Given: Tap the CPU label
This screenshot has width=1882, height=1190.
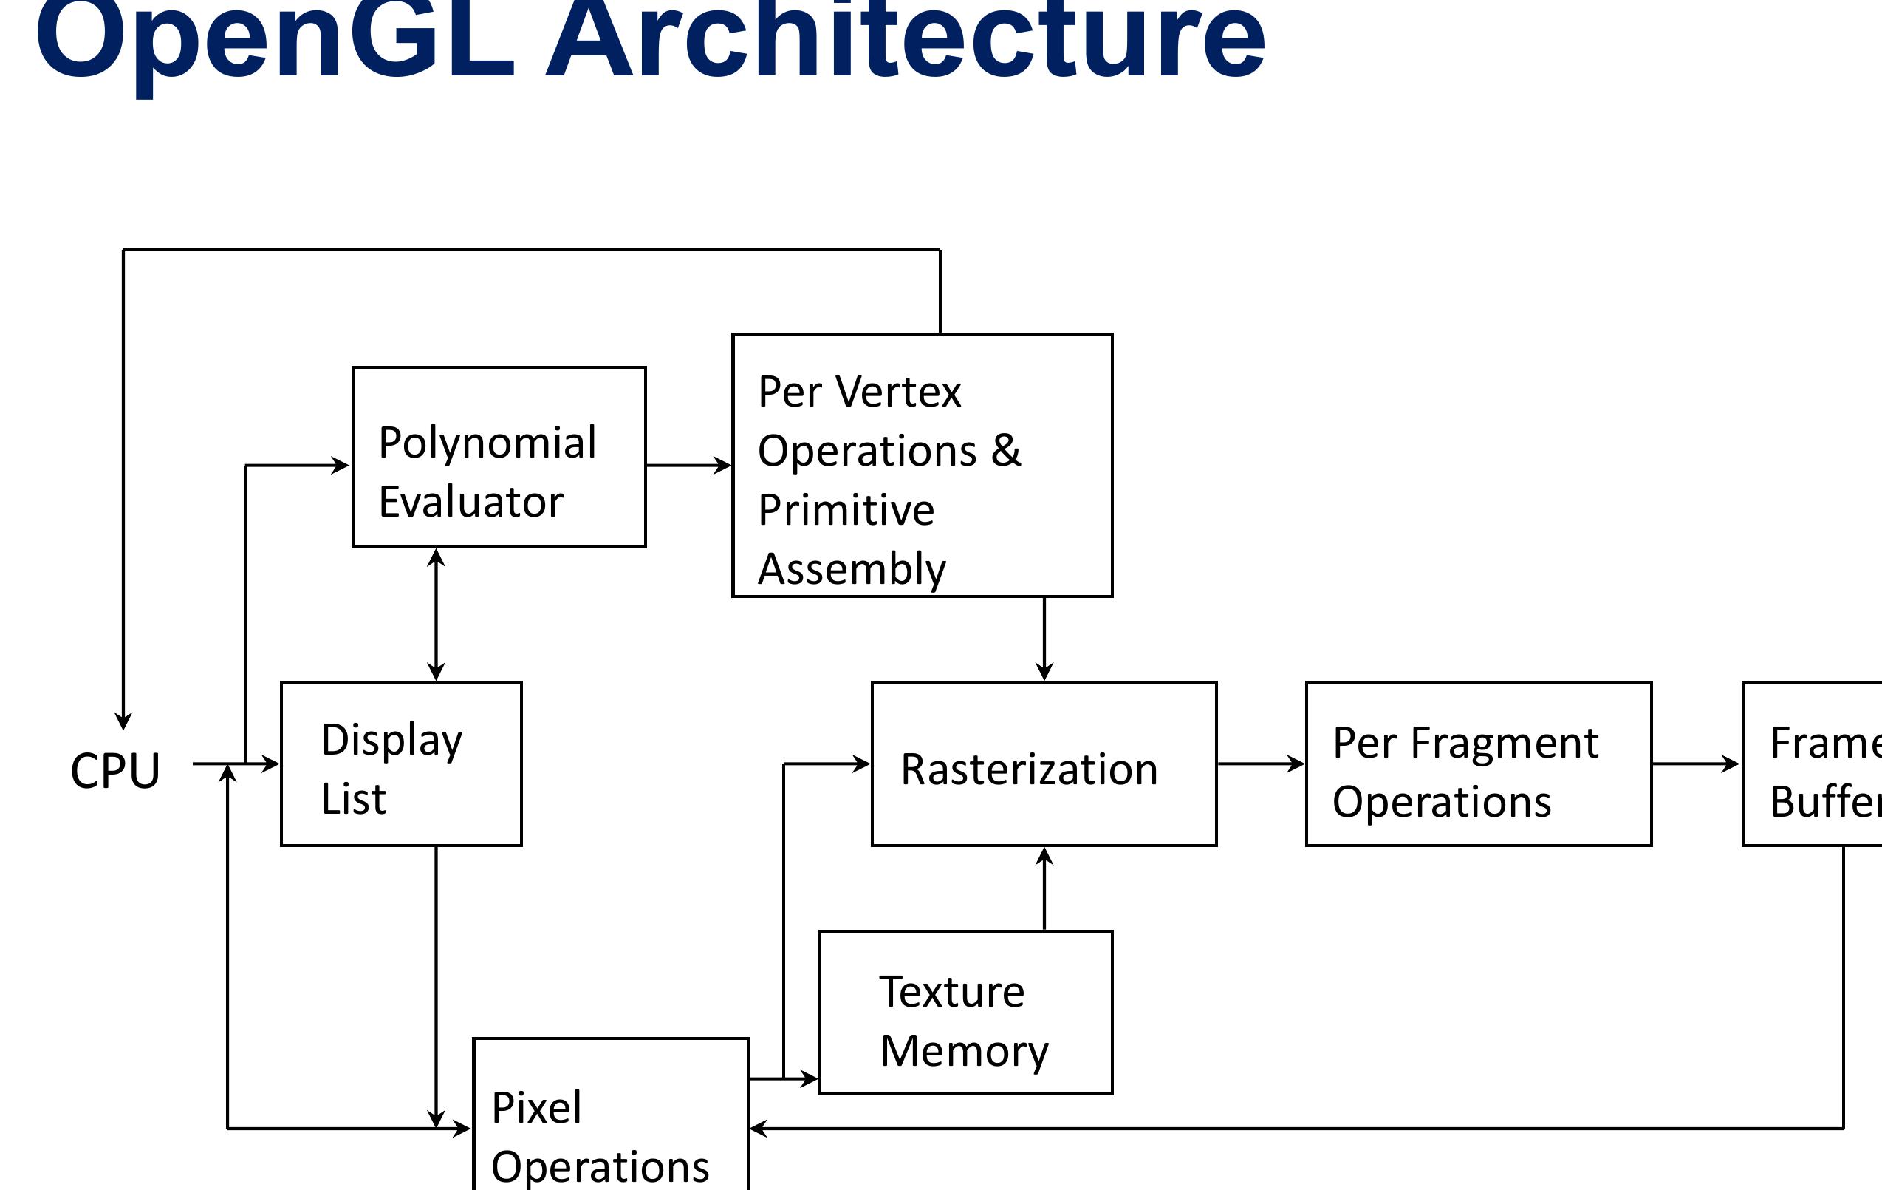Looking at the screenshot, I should tap(115, 771).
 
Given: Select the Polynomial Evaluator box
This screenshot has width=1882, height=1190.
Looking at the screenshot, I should tap(499, 458).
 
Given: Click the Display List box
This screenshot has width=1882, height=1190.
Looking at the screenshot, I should tap(401, 764).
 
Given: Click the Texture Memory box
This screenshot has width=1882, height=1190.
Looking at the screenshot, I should tap(965, 1013).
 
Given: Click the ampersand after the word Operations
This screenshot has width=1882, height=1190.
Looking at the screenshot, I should tap(1006, 451).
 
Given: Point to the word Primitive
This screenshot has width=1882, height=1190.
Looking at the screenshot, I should tap(846, 511).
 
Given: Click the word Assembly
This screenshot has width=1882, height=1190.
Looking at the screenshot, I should tap(851, 569).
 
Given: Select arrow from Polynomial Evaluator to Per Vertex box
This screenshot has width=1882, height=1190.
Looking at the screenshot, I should tap(688, 465).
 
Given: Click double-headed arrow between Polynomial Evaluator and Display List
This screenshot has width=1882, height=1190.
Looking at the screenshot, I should tap(436, 614).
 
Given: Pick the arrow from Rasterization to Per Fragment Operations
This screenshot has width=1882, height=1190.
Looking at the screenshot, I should tap(1260, 764).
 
